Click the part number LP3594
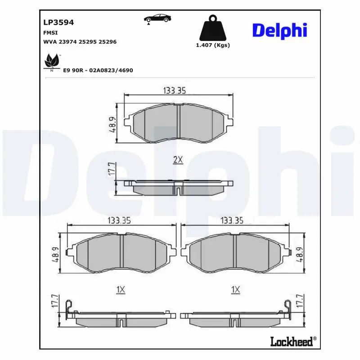point(58,22)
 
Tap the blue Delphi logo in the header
point(279,30)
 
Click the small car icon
point(157,18)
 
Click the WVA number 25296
point(108,41)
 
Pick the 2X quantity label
point(178,159)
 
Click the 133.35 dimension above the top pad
point(174,90)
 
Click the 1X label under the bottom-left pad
point(120,290)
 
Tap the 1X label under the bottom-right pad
point(235,290)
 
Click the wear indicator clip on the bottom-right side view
point(287,307)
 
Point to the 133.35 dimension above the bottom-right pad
point(232,220)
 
